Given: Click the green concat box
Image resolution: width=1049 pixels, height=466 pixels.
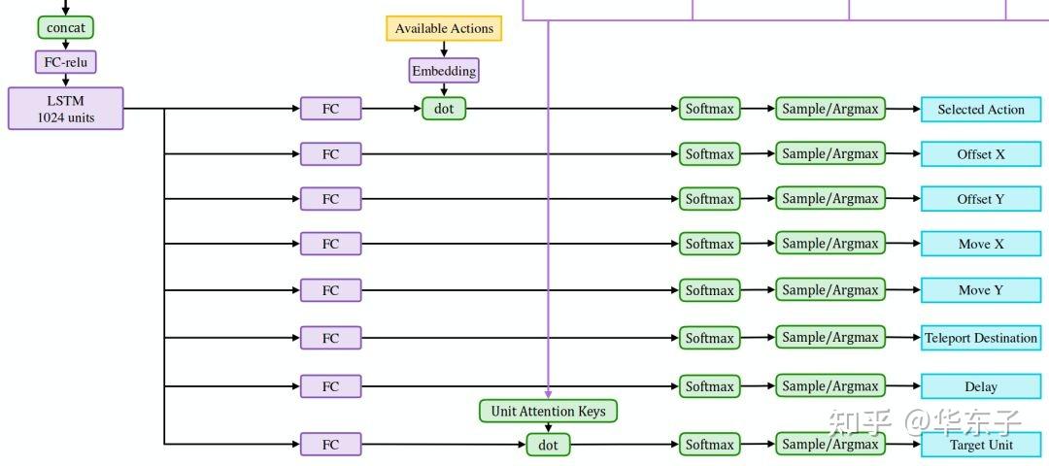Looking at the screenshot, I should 66,27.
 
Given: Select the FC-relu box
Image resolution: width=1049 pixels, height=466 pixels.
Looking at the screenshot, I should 66,62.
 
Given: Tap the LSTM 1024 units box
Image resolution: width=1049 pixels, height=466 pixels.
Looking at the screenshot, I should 66,109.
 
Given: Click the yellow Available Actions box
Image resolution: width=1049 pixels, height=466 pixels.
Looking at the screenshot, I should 444,28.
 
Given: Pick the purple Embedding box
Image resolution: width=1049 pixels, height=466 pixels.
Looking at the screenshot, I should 444,71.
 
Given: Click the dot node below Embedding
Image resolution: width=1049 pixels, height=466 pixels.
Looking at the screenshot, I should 444,109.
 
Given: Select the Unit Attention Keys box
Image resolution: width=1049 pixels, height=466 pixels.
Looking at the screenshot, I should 548,411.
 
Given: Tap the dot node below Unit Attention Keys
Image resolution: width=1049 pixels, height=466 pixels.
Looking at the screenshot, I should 549,445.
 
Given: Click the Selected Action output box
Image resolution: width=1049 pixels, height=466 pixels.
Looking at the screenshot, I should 981,110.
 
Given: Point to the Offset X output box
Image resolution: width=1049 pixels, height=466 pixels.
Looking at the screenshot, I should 981,154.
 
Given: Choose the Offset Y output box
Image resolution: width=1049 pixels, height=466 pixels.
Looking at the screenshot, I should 981,199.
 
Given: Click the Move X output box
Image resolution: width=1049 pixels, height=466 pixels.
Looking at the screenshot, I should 981,244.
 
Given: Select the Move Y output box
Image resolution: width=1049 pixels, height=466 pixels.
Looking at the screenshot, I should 981,289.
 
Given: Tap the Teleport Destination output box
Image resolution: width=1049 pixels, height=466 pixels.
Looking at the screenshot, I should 981,338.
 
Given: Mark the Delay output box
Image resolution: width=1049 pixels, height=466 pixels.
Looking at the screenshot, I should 981,386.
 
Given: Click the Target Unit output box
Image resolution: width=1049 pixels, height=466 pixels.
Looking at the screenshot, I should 981,445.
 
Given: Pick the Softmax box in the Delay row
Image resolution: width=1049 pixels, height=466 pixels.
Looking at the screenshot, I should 709,386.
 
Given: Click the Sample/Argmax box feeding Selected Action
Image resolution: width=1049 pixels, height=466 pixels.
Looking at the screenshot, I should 830,109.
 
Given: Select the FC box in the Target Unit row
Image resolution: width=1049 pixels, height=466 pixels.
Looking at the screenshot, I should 330,445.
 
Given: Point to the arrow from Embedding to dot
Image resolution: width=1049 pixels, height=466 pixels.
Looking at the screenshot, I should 444,90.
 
